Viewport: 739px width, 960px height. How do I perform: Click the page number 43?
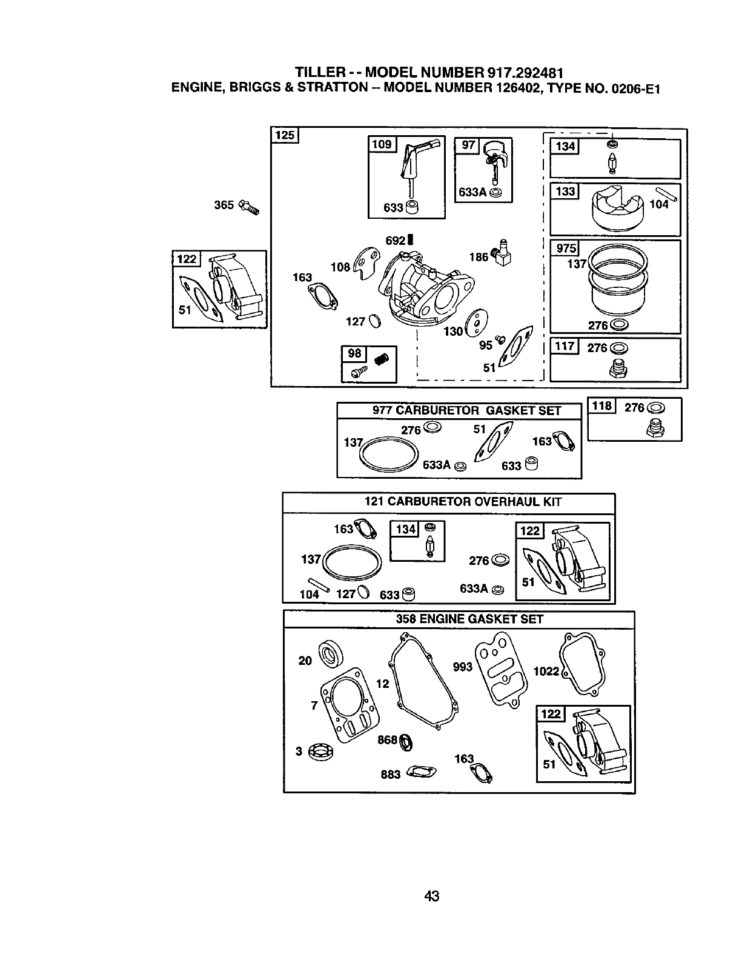[x=431, y=895]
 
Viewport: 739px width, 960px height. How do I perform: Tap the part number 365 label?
[x=224, y=205]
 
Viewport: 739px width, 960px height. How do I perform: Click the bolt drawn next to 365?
[x=250, y=207]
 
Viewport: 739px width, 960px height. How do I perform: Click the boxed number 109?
[x=382, y=144]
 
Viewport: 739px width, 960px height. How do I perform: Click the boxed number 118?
[x=602, y=406]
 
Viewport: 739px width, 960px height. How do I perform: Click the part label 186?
[x=478, y=257]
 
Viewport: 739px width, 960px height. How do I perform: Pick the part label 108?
[x=340, y=267]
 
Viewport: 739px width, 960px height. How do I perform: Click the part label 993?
[x=463, y=667]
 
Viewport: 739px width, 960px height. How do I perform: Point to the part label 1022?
[x=546, y=671]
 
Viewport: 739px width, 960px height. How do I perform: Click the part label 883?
[x=390, y=774]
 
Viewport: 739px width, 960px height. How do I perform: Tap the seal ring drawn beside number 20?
[x=331, y=653]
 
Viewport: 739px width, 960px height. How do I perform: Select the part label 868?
[x=387, y=739]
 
